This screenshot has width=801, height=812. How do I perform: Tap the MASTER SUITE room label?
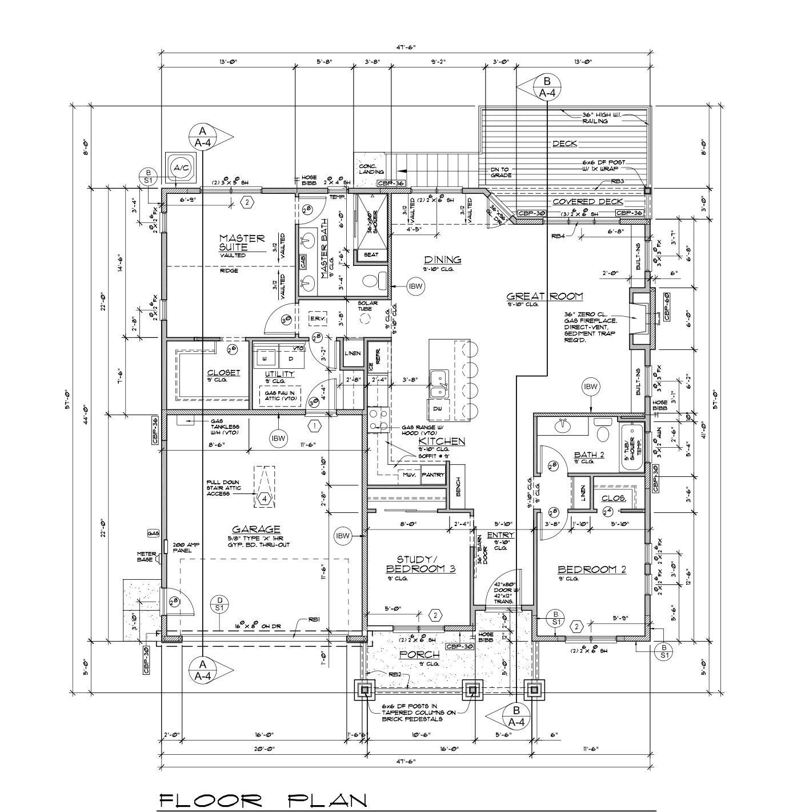tap(242, 242)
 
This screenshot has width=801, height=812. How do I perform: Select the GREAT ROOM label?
tap(544, 296)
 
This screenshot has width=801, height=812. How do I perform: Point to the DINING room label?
tap(442, 260)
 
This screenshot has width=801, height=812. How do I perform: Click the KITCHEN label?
tap(442, 441)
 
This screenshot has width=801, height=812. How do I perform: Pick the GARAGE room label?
tap(256, 529)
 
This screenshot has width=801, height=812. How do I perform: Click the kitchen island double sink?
tap(439, 384)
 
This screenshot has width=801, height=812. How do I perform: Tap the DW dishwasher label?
tap(437, 409)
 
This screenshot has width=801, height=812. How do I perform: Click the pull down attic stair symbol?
tap(264, 486)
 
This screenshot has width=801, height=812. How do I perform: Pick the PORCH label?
tap(419, 654)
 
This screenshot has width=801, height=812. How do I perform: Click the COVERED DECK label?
tap(587, 202)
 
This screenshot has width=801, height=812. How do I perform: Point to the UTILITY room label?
tap(279, 374)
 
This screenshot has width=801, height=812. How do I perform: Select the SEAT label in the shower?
tap(371, 255)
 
